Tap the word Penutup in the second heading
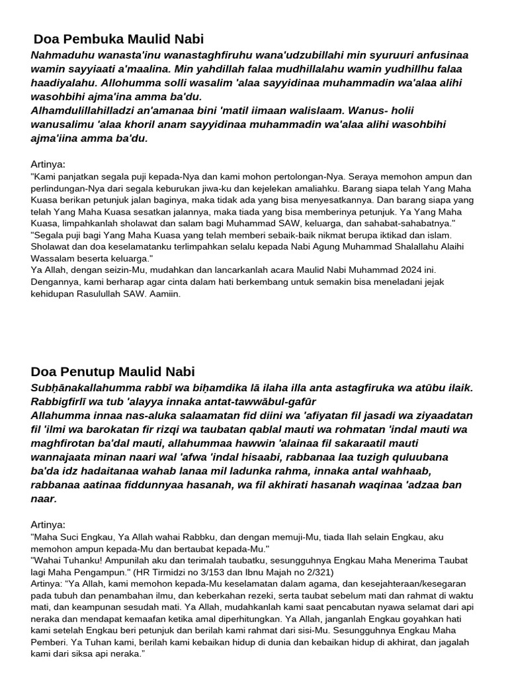[x=85, y=371]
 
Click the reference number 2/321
[x=317, y=571]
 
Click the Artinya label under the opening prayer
[x=48, y=164]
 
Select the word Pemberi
[x=50, y=642]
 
